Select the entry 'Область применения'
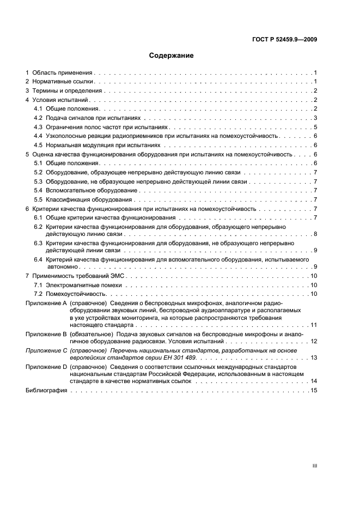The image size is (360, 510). point(62,73)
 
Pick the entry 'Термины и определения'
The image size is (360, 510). point(68,91)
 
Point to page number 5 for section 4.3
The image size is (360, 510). point(315,126)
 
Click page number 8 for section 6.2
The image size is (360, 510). point(315,234)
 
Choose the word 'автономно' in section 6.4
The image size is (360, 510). point(63,267)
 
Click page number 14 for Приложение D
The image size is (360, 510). point(314,381)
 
